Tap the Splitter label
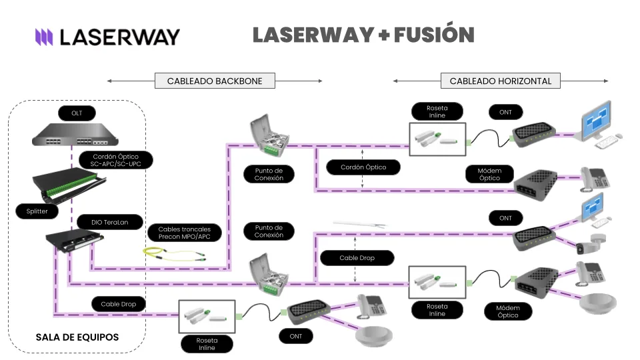(37, 211)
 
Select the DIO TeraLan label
(111, 222)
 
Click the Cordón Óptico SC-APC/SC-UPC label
(115, 160)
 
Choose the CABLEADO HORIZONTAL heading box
(500, 81)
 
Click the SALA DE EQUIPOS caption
(77, 337)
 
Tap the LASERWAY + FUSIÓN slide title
(363, 35)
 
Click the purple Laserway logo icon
(44, 37)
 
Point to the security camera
(591, 245)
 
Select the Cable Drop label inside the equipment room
(119, 304)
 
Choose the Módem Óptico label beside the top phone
(489, 175)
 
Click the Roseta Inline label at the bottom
(207, 344)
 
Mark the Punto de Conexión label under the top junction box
(269, 175)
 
